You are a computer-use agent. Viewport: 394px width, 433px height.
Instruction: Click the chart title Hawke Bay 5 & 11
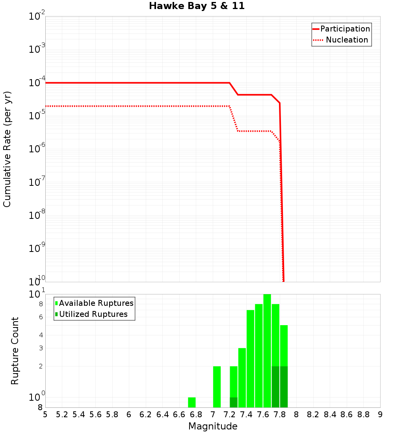coord(197,6)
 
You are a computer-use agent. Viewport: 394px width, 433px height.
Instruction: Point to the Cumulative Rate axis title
coord(7,149)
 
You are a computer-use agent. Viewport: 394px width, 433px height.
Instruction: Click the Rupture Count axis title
coord(15,350)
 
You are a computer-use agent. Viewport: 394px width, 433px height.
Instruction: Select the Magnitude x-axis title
coord(213,426)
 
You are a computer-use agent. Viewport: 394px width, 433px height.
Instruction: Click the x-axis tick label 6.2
coord(146,414)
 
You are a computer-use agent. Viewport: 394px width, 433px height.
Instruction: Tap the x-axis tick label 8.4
coord(330,414)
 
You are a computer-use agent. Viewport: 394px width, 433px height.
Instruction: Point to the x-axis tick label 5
coord(45,414)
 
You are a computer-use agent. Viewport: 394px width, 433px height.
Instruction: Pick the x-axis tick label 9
coord(380,414)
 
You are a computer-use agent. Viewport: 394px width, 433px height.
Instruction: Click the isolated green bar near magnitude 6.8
coord(192,402)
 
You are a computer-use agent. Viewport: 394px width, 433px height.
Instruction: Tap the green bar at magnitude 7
coord(217,387)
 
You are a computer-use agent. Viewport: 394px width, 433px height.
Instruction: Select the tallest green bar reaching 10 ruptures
coord(267,350)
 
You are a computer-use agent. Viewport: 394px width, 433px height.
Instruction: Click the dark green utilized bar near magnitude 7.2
coord(234,402)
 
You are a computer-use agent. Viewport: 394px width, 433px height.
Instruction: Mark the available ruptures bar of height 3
coord(242,377)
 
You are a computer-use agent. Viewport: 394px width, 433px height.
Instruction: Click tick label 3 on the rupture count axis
coord(41,348)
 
